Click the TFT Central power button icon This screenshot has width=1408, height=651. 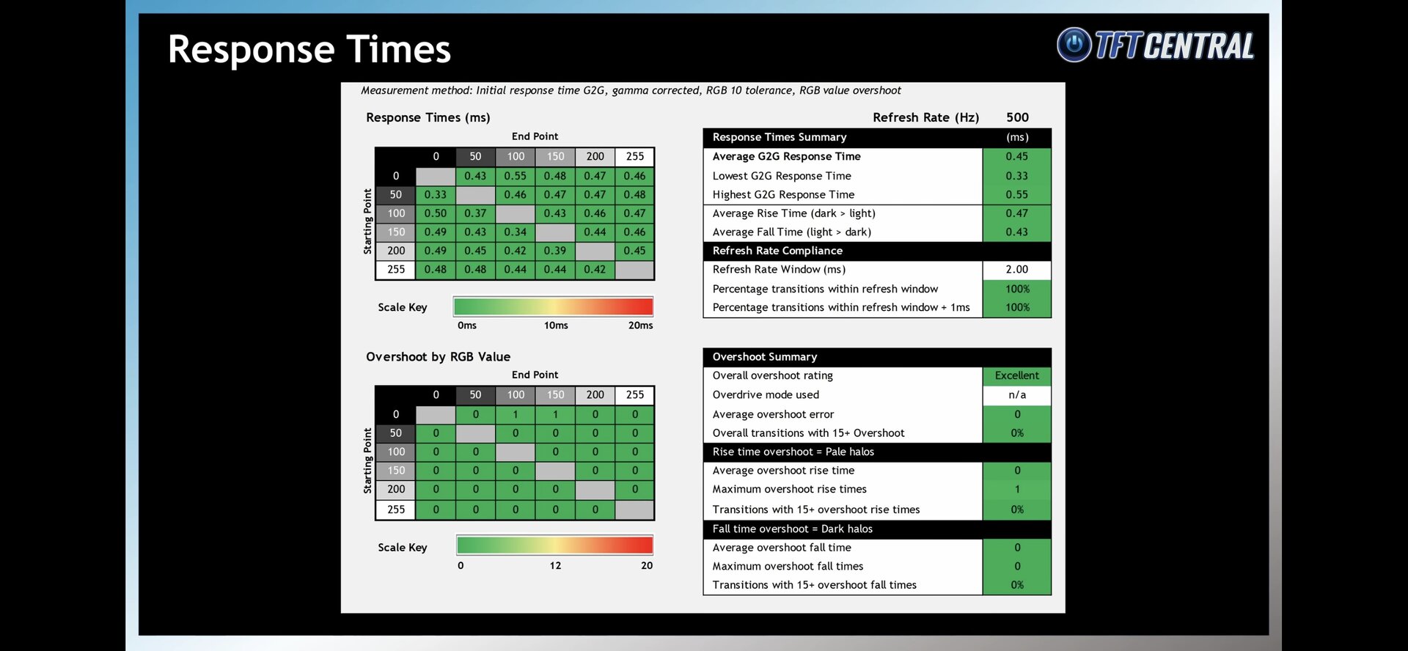pyautogui.click(x=1074, y=45)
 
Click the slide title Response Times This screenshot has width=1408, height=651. pyautogui.click(x=309, y=50)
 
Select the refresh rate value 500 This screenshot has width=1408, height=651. pyautogui.click(x=1017, y=117)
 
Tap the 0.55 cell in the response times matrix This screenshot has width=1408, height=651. pyautogui.click(x=515, y=176)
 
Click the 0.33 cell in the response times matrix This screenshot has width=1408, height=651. pyautogui.click(x=435, y=195)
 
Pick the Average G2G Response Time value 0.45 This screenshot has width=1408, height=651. pyautogui.click(x=1016, y=156)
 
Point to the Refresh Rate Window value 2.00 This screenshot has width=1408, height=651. pyautogui.click(x=1016, y=270)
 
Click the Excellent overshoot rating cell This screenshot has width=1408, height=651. pyautogui.click(x=1016, y=375)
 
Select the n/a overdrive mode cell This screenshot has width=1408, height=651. pyautogui.click(x=1016, y=394)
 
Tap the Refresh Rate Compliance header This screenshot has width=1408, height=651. pyautogui.click(x=777, y=251)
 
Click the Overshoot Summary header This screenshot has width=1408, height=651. pyautogui.click(x=764, y=357)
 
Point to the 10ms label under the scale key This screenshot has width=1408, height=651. pyautogui.click(x=556, y=325)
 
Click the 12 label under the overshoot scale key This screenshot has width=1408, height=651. pyautogui.click(x=555, y=566)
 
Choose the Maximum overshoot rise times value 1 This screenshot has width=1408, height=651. pyautogui.click(x=1016, y=489)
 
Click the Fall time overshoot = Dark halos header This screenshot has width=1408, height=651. pyautogui.click(x=792, y=529)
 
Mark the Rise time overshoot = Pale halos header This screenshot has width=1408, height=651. pyautogui.click(x=793, y=452)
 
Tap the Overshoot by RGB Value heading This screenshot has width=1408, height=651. pyautogui.click(x=438, y=357)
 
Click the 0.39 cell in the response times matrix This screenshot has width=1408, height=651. pyautogui.click(x=555, y=251)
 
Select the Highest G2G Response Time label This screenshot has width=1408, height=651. pyautogui.click(x=783, y=195)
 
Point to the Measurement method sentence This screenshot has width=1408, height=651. pyautogui.click(x=631, y=91)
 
